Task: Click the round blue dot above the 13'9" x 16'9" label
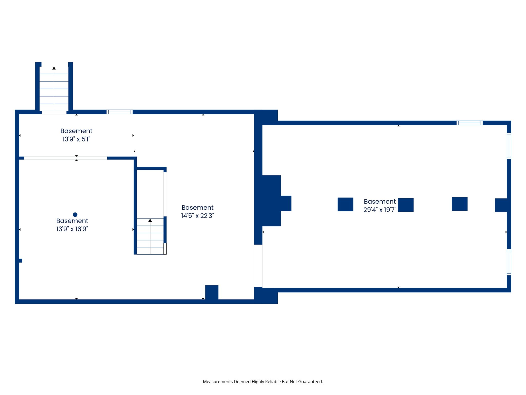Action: [x=75, y=214]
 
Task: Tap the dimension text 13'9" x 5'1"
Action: [x=76, y=139]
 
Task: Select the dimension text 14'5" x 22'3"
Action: [x=198, y=216]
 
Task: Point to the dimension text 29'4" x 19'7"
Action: [x=380, y=210]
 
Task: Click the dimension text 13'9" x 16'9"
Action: [x=72, y=229]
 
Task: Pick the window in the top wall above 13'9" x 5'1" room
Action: [x=119, y=112]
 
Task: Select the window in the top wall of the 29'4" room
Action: [x=469, y=123]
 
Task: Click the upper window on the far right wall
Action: [x=509, y=146]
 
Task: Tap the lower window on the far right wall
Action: [x=509, y=262]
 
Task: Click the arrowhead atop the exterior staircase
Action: [x=54, y=68]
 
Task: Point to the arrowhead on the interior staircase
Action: [x=150, y=220]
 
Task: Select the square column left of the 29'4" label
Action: [x=345, y=204]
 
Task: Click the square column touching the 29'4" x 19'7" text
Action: [x=406, y=205]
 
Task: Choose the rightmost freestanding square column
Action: [x=459, y=204]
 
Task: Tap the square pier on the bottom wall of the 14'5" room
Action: [x=212, y=292]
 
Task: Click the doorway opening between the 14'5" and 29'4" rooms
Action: [x=258, y=266]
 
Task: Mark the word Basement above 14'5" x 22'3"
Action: [x=198, y=208]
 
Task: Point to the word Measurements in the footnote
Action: [x=218, y=382]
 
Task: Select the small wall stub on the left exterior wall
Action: [x=21, y=261]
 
